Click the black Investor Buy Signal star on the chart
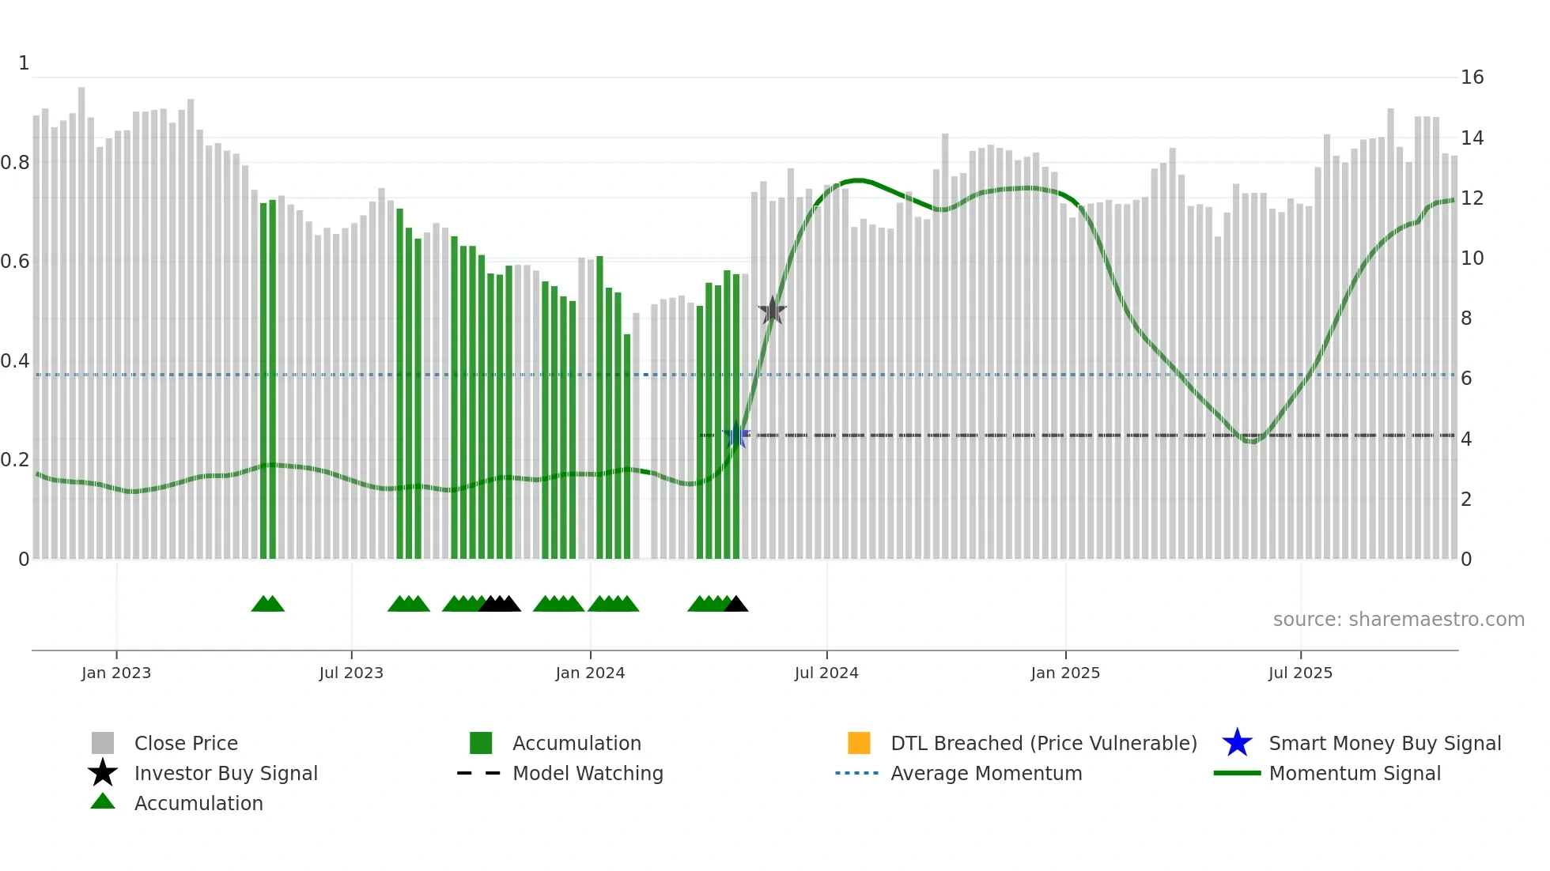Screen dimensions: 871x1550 (x=772, y=311)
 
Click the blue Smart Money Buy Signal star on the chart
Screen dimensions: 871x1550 (x=736, y=435)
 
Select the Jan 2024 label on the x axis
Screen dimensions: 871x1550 (x=590, y=673)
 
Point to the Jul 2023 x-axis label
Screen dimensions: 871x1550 (x=351, y=673)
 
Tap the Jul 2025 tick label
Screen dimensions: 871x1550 (x=1300, y=673)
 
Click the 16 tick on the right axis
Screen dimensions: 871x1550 (x=1472, y=77)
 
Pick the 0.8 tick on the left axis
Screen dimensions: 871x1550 (x=15, y=163)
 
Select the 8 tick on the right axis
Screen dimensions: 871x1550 (x=1466, y=319)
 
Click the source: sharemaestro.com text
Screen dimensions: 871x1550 (x=1398, y=620)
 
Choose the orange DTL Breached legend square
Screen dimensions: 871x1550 (x=859, y=743)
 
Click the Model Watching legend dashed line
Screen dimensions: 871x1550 (x=479, y=773)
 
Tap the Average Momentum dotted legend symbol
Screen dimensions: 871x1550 (x=857, y=773)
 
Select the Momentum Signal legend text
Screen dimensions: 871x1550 (x=1355, y=773)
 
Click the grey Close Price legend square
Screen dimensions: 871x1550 (x=103, y=743)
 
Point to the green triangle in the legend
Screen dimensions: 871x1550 (x=103, y=801)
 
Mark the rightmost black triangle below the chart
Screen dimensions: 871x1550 (x=736, y=605)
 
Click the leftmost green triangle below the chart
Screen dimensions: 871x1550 (x=262, y=605)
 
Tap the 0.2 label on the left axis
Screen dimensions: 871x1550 (x=15, y=460)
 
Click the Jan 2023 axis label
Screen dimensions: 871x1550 (x=116, y=673)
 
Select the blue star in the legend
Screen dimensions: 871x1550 (x=1237, y=743)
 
